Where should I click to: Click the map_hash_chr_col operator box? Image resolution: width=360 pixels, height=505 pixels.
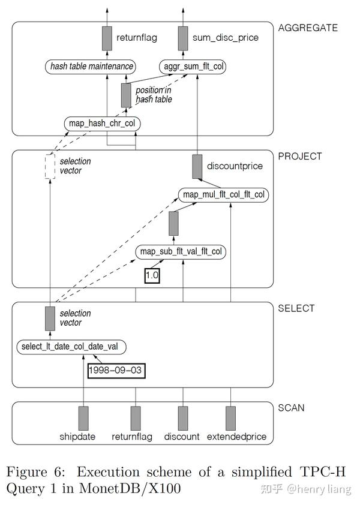click(101, 124)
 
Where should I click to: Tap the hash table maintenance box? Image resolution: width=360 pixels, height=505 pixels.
click(90, 67)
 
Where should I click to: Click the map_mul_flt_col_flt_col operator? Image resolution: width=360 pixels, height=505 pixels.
click(224, 195)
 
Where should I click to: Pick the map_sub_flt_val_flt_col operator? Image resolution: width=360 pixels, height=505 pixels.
click(181, 252)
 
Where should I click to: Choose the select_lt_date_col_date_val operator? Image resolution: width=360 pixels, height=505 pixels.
click(72, 347)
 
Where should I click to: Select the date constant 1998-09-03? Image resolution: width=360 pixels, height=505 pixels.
click(116, 370)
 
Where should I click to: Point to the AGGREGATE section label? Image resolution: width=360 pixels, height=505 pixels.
click(308, 28)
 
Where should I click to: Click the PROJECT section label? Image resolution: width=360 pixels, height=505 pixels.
click(299, 157)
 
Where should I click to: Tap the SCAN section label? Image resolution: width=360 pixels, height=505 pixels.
click(291, 408)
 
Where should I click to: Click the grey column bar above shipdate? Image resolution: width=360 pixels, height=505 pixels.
click(83, 418)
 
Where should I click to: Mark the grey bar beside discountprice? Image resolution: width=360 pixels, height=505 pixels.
click(197, 167)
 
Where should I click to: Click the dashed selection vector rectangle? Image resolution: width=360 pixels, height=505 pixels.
click(50, 166)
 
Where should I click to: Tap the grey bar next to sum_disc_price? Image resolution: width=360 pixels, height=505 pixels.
click(182, 38)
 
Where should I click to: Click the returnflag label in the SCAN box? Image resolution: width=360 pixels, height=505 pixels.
click(132, 437)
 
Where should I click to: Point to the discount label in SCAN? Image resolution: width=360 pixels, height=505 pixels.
click(182, 437)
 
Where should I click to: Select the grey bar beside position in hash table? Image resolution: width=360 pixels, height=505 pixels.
click(125, 95)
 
